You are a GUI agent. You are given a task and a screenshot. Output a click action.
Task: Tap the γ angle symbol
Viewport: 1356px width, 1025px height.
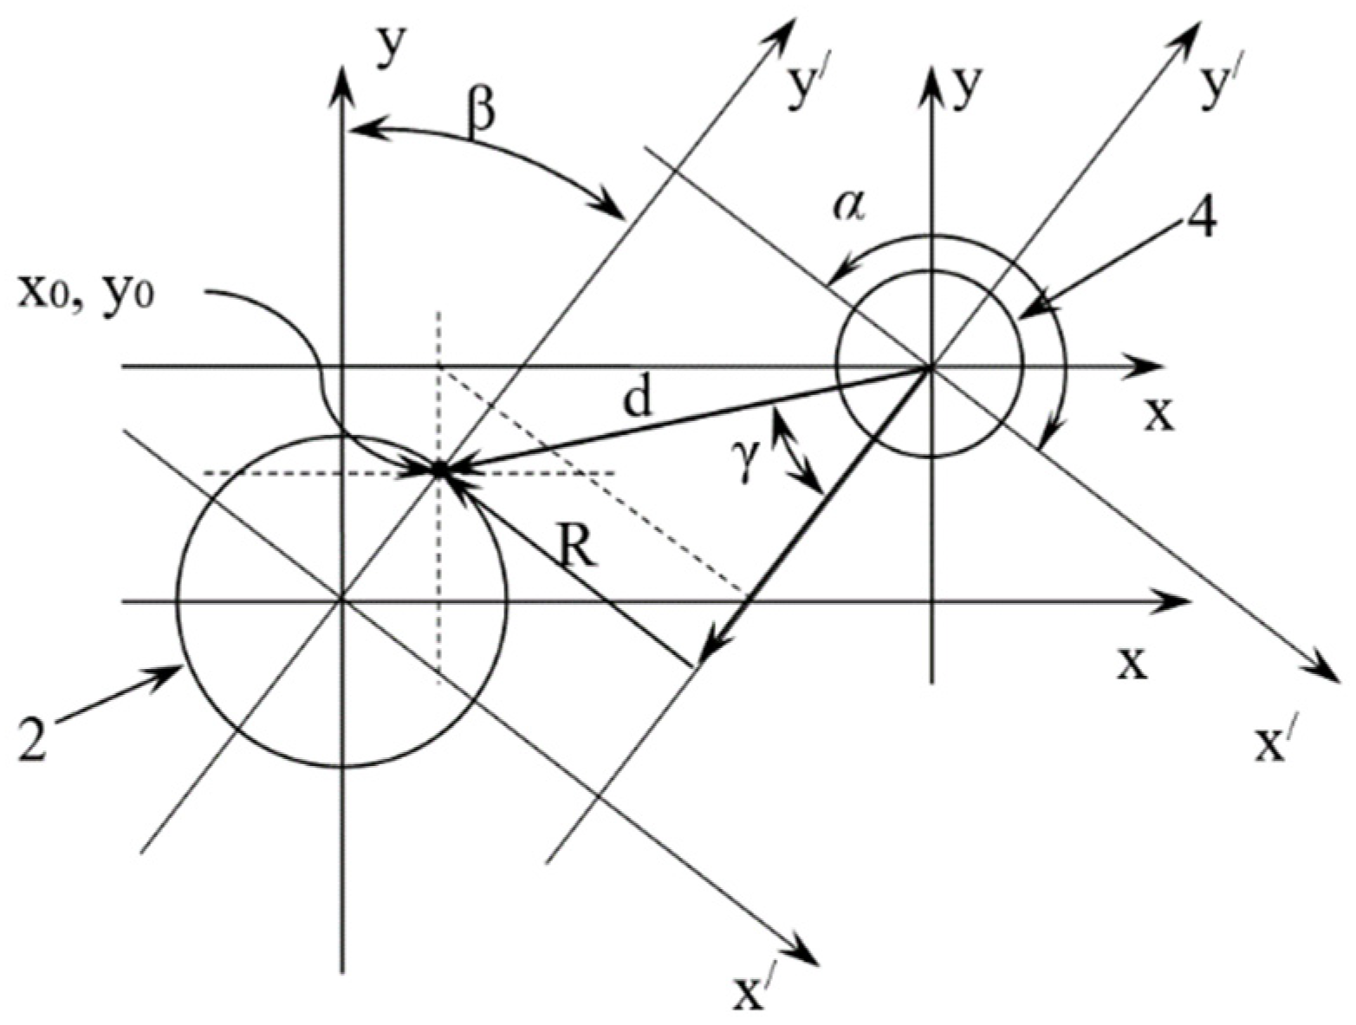point(750,470)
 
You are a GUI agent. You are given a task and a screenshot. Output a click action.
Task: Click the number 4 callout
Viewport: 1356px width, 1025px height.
point(1198,220)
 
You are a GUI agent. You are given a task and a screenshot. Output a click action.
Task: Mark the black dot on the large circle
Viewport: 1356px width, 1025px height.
point(439,470)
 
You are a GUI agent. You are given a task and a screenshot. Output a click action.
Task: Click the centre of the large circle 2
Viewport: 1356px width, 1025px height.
point(343,600)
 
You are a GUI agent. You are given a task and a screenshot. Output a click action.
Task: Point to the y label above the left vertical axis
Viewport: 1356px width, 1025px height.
point(393,48)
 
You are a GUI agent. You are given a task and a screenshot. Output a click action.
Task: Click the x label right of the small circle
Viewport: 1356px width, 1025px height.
point(1159,415)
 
